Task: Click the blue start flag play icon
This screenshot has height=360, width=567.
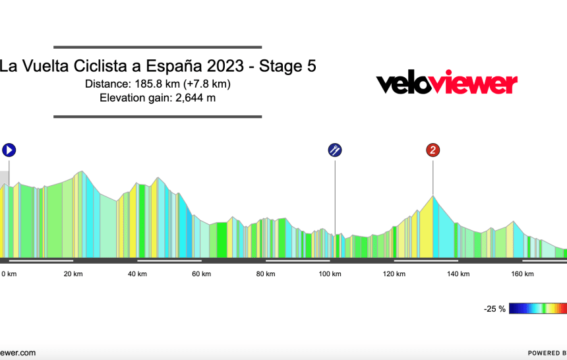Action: [x=9, y=150]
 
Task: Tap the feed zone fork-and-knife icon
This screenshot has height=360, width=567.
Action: [x=335, y=150]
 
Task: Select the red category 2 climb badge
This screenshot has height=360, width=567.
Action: [x=433, y=150]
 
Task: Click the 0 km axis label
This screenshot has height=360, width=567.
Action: [x=8, y=274]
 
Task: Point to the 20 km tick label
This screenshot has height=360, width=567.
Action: [x=73, y=274]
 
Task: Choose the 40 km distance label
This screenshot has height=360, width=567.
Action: [x=137, y=274]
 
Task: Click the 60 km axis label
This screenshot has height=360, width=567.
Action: [x=202, y=274]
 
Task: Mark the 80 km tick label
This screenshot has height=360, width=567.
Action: [x=266, y=274]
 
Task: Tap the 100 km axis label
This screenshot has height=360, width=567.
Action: [x=330, y=274]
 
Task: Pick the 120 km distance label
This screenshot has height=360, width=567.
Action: [x=394, y=274]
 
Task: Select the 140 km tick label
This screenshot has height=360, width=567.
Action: [x=458, y=274]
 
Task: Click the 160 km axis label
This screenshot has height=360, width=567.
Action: [x=522, y=274]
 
